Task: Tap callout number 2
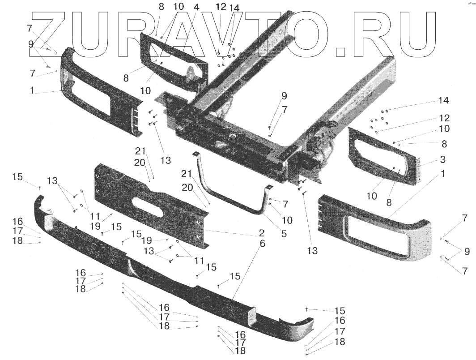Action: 261,233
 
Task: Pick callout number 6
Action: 262,244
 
